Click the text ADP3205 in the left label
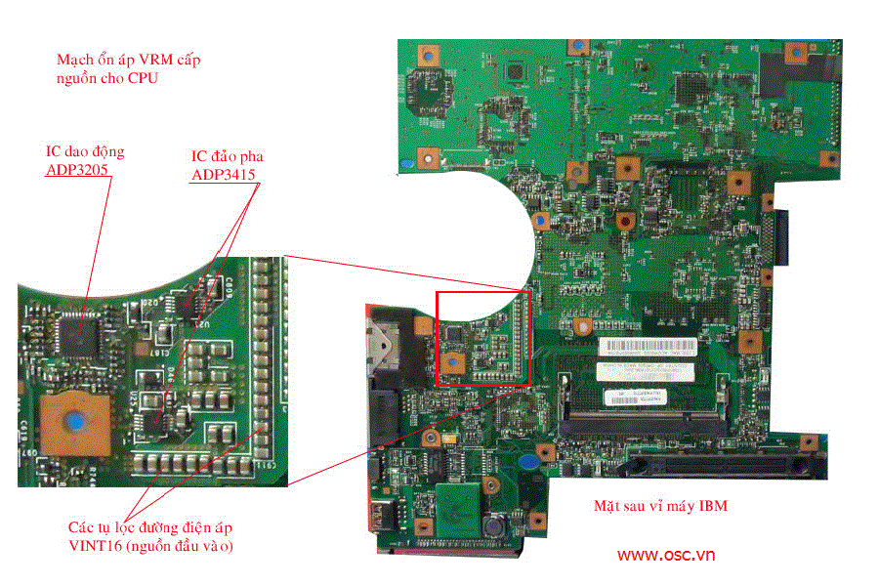78,170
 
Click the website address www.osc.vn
665,555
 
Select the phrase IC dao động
85,151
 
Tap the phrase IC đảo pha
227,156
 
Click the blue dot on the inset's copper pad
73,421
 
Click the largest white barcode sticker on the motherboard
647,348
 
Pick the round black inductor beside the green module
498,523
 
